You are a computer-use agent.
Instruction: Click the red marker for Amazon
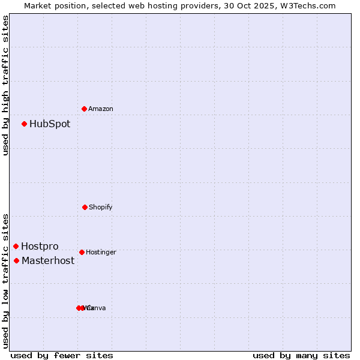(x=84, y=109)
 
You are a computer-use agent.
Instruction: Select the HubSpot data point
(x=25, y=124)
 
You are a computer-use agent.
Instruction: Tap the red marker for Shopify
(x=85, y=207)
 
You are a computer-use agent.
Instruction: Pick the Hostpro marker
(x=16, y=247)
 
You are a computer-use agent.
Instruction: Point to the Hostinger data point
(x=82, y=252)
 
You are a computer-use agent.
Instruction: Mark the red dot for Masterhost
(x=17, y=260)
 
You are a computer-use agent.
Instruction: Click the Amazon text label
(x=101, y=109)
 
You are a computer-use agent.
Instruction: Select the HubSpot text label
(x=50, y=124)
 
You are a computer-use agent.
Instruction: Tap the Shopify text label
(x=101, y=207)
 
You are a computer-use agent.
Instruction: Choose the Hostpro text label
(x=40, y=247)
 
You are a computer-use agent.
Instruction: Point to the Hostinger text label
(x=101, y=252)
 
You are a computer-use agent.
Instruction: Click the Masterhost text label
(x=48, y=260)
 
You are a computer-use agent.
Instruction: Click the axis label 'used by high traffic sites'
(x=5, y=85)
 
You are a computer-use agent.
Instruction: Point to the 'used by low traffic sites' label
(x=5, y=281)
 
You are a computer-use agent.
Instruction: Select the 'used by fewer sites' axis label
(x=62, y=355)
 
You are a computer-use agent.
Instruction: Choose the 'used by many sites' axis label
(x=301, y=355)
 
